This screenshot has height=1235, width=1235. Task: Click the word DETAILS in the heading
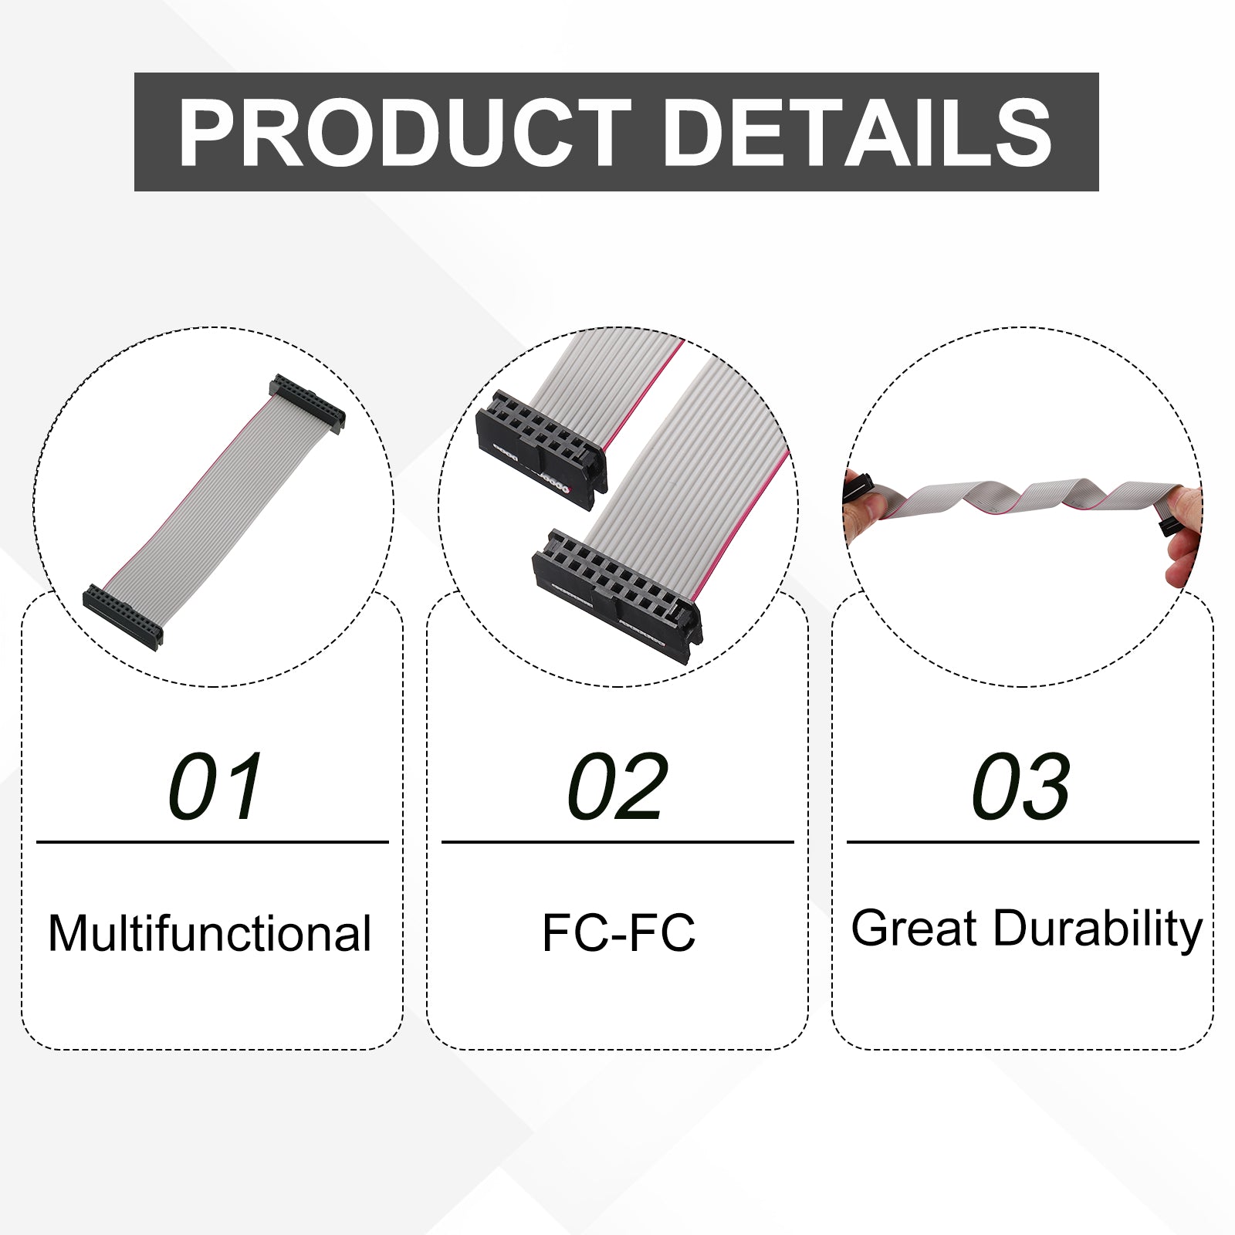point(858,133)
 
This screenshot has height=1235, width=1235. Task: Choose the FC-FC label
point(618,932)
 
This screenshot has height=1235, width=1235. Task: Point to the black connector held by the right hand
point(1169,526)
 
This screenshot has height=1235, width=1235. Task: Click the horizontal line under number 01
point(212,842)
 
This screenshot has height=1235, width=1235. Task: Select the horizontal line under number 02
point(617,842)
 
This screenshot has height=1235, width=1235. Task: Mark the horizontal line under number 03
point(1023,842)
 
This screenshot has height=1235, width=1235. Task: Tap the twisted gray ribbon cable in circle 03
point(1027,498)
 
